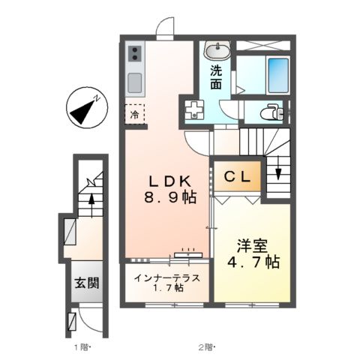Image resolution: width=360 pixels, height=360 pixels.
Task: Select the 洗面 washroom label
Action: [216, 77]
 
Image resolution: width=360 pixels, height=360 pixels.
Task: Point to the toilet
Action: [269, 112]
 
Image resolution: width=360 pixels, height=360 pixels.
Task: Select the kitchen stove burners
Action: [135, 52]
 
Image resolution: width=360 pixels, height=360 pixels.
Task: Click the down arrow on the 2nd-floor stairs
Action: [277, 172]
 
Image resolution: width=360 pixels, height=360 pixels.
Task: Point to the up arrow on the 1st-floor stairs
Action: [90, 201]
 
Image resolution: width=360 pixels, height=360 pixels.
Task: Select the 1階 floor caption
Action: [81, 347]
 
